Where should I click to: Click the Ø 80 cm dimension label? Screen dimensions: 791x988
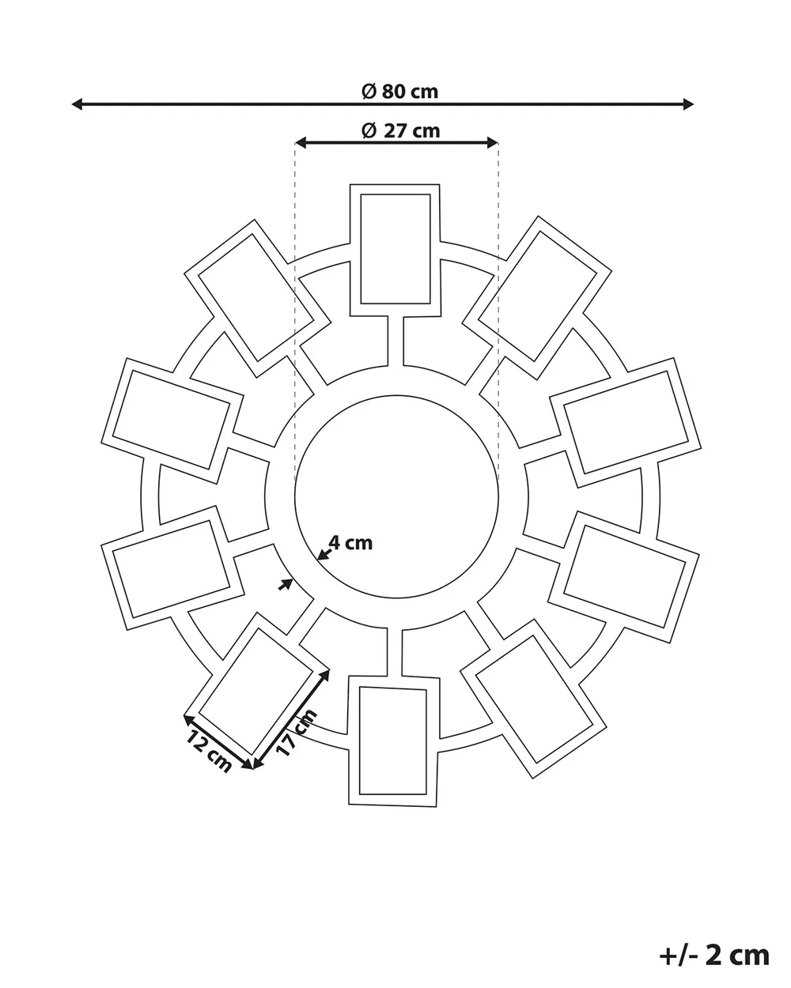click(400, 92)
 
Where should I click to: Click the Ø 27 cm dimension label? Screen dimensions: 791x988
click(401, 131)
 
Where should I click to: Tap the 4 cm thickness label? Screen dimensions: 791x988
click(350, 543)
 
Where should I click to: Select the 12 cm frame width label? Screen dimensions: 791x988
click(209, 752)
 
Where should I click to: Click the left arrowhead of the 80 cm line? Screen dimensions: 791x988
click(78, 104)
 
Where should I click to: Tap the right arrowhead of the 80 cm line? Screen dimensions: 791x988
click(688, 104)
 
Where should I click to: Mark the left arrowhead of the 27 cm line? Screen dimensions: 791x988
click(301, 143)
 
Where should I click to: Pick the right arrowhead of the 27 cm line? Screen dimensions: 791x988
click(493, 143)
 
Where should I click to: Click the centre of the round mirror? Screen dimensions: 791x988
click(396, 496)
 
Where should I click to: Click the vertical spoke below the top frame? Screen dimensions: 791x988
click(395, 341)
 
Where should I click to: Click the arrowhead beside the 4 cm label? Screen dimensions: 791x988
click(324, 554)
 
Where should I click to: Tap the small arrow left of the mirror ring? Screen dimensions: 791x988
click(286, 584)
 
